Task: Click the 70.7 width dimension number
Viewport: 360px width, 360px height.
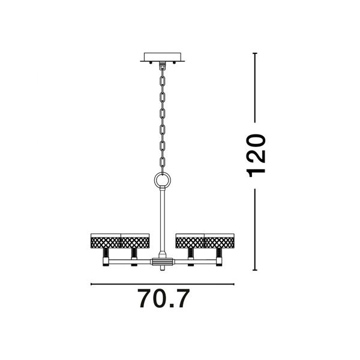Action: coord(163,298)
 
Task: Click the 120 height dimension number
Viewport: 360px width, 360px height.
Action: coord(256,155)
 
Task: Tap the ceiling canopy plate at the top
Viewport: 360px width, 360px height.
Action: coord(163,57)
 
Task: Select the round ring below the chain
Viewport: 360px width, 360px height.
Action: coord(163,180)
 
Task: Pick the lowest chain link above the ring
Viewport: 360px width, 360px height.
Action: coord(163,163)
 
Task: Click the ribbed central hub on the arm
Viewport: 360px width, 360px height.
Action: coord(162,262)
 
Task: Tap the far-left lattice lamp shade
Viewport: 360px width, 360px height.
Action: coord(106,241)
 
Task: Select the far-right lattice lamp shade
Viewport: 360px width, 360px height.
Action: coord(219,241)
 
